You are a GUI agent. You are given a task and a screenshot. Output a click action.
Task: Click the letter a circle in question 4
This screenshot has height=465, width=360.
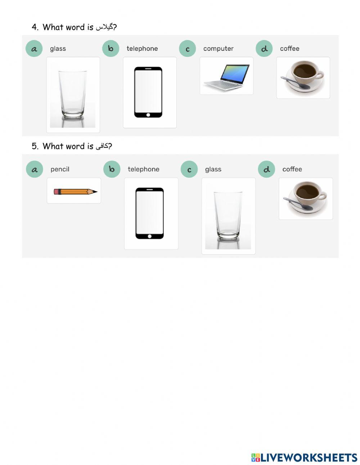pos(34,49)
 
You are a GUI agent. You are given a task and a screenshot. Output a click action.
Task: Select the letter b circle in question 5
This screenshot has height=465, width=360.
pos(112,169)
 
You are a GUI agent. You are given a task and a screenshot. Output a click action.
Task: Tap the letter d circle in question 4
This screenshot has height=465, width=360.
pos(264,49)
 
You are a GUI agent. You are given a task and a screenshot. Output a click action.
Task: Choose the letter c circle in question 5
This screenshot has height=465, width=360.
pos(189,169)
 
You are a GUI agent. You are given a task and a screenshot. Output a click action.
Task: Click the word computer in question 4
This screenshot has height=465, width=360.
pos(218,49)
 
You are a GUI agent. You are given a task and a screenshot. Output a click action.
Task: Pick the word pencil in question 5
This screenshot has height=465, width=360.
pos(60,169)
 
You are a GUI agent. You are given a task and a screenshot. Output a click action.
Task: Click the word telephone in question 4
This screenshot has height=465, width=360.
pos(142,49)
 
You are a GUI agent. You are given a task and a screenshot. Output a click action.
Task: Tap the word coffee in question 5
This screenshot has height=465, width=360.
pos(292,169)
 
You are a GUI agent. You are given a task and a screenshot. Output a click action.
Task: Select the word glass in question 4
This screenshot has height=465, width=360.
pos(58,49)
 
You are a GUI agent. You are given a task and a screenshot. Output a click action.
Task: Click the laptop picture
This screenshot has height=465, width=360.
pos(226,76)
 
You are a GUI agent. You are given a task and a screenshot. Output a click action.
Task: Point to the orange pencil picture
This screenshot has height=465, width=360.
pos(75,192)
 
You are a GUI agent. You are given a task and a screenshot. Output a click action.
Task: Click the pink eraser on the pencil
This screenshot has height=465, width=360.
pos(56,192)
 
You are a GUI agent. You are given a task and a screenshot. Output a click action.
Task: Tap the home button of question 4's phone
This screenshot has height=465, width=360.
pos(148,115)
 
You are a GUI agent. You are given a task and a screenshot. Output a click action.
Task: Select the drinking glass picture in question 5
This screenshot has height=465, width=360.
pos(228,216)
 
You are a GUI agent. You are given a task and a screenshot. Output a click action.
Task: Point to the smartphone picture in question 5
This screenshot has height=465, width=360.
pos(149,213)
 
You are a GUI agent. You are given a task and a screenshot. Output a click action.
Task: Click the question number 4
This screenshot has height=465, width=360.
pos(35,27)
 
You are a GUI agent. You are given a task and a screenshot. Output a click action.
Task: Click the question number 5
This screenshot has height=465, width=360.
pos(35,146)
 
